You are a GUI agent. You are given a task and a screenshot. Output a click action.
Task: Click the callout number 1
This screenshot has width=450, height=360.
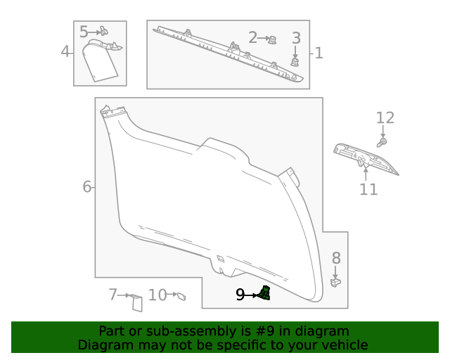pos(319,53)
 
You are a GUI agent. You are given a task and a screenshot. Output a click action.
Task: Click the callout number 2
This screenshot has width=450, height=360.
pos(253,37)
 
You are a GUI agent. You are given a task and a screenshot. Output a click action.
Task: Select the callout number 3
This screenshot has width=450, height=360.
pos(296,38)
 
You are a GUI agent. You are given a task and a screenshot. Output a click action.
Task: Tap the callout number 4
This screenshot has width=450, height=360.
pos(65,51)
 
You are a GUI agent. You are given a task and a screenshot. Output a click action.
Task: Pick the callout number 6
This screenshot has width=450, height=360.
pos(87,186)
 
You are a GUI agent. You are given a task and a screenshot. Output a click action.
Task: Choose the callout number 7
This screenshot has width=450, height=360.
pos(112,295)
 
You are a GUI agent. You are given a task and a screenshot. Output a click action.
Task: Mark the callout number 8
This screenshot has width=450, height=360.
pos(336,258)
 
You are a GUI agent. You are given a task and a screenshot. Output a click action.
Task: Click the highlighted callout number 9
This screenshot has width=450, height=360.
pos(240,295)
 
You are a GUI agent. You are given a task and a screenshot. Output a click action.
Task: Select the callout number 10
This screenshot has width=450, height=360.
pos(157,295)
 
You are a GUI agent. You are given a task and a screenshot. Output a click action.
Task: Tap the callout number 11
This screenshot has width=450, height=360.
pos(368,189)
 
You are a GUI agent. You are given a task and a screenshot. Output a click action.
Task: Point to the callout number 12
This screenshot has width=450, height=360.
pos(385,118)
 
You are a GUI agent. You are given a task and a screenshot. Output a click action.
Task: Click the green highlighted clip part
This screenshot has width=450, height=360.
pos(264,293)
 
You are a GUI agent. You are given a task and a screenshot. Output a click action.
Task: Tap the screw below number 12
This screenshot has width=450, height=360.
pos(382,142)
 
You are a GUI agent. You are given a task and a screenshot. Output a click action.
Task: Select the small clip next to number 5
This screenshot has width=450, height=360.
pos(103,31)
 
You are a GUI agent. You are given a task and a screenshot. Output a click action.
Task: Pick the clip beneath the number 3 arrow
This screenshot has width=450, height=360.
pos(295,61)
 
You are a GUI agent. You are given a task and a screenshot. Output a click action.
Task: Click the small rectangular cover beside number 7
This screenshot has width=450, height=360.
pos(136,302)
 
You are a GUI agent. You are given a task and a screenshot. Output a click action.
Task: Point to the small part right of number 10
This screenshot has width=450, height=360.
pos(180,297)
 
